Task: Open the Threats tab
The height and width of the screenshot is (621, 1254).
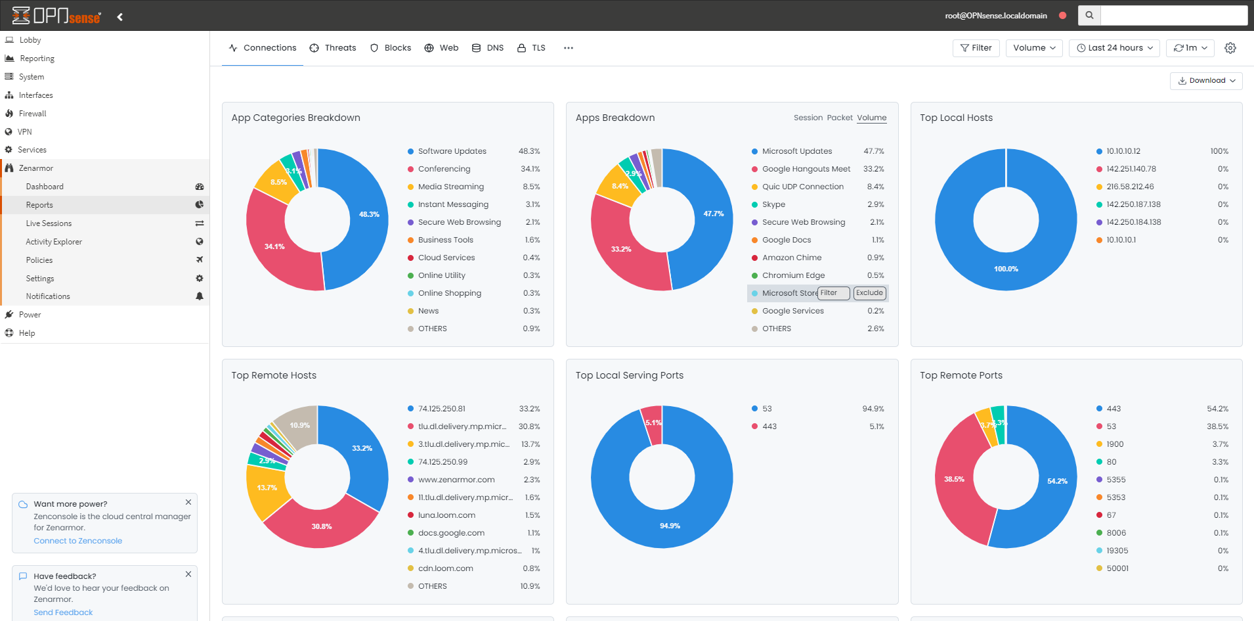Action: [333, 48]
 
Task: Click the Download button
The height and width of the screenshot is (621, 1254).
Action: [1206, 81]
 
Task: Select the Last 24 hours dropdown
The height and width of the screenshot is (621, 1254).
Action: [1114, 48]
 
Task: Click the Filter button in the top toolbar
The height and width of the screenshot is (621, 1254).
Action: [976, 48]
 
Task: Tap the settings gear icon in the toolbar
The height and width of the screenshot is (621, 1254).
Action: [1230, 48]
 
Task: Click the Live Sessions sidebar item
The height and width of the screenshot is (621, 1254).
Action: [49, 223]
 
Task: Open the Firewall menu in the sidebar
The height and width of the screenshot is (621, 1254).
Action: [32, 114]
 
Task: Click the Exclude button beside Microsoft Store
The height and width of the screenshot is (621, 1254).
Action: [869, 293]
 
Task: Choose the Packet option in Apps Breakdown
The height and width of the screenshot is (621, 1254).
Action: [840, 118]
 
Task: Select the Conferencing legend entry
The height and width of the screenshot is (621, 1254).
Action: [444, 169]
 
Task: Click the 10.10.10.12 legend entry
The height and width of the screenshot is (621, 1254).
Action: [1123, 151]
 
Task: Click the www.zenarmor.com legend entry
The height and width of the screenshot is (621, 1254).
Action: [456, 480]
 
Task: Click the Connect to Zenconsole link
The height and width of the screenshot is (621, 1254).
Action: [77, 541]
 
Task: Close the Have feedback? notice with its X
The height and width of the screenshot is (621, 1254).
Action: [188, 574]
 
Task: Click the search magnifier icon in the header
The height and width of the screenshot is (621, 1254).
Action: [1089, 15]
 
